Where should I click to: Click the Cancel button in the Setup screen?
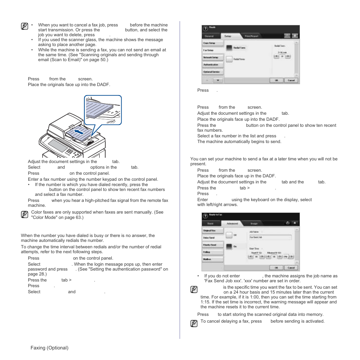(x=291, y=80)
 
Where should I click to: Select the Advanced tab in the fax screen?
(x=232, y=223)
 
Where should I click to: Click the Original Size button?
(x=212, y=230)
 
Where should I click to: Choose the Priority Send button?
(x=212, y=245)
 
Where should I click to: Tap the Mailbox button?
(x=212, y=259)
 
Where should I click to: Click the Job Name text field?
(x=270, y=237)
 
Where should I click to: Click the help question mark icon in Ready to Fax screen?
(x=205, y=216)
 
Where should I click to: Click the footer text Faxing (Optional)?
(x=49, y=348)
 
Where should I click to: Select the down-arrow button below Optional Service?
(x=218, y=80)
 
